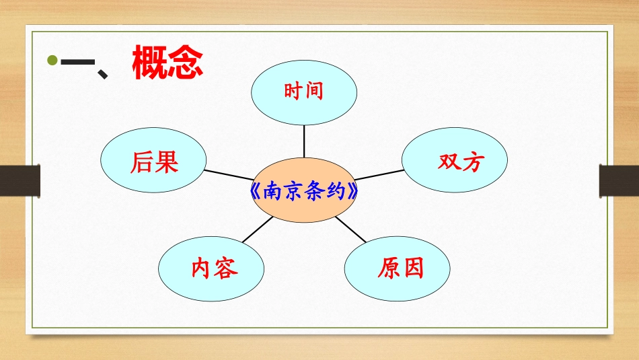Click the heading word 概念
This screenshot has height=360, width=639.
click(x=167, y=63)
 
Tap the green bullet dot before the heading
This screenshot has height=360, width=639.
click(x=52, y=62)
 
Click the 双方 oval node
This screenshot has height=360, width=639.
click(x=455, y=160)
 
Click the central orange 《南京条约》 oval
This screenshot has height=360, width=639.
click(x=303, y=191)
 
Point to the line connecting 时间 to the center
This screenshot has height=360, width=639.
click(x=304, y=142)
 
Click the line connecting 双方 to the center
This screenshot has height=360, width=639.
click(x=380, y=175)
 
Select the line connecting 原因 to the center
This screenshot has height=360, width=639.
click(x=350, y=229)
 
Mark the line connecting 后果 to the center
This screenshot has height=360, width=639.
click(x=228, y=176)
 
